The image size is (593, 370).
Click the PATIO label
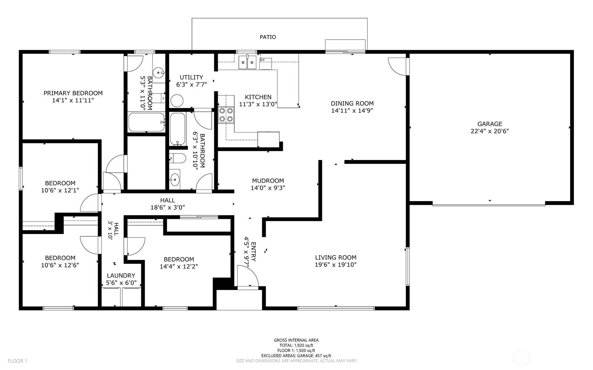268,37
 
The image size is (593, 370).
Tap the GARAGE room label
489,124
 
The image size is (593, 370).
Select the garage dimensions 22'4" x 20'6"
489,131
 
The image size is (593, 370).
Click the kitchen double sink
247,62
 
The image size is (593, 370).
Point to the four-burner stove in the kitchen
226,115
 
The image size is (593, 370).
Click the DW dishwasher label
263,60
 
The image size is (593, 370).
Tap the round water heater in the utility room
177,100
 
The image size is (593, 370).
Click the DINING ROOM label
352,103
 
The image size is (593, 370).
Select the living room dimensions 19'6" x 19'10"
336,264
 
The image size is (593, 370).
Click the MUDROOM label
268,181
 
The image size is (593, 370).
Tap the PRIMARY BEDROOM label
73,93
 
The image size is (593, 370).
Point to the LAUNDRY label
121,275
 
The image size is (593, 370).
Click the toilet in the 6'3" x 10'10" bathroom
178,158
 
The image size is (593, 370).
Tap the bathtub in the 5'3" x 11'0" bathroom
147,122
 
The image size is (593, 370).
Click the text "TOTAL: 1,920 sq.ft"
296,345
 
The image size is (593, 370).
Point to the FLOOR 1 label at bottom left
17,361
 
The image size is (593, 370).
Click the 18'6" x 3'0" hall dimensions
167,207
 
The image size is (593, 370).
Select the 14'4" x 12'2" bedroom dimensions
179,266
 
